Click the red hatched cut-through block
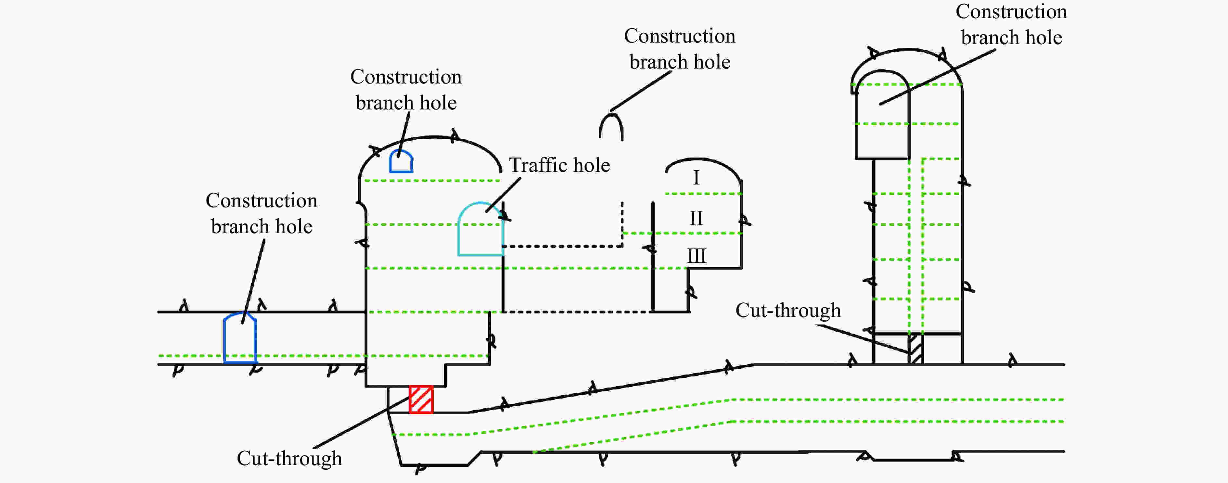(421, 400)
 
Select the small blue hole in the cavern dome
(401, 162)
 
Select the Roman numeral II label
(696, 218)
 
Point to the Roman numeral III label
(696, 256)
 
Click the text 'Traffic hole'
(559, 165)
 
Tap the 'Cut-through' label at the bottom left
(289, 458)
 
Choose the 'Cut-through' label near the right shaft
(788, 311)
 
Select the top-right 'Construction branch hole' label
(1011, 25)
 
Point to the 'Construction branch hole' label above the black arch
(680, 49)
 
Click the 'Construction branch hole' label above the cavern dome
(406, 90)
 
